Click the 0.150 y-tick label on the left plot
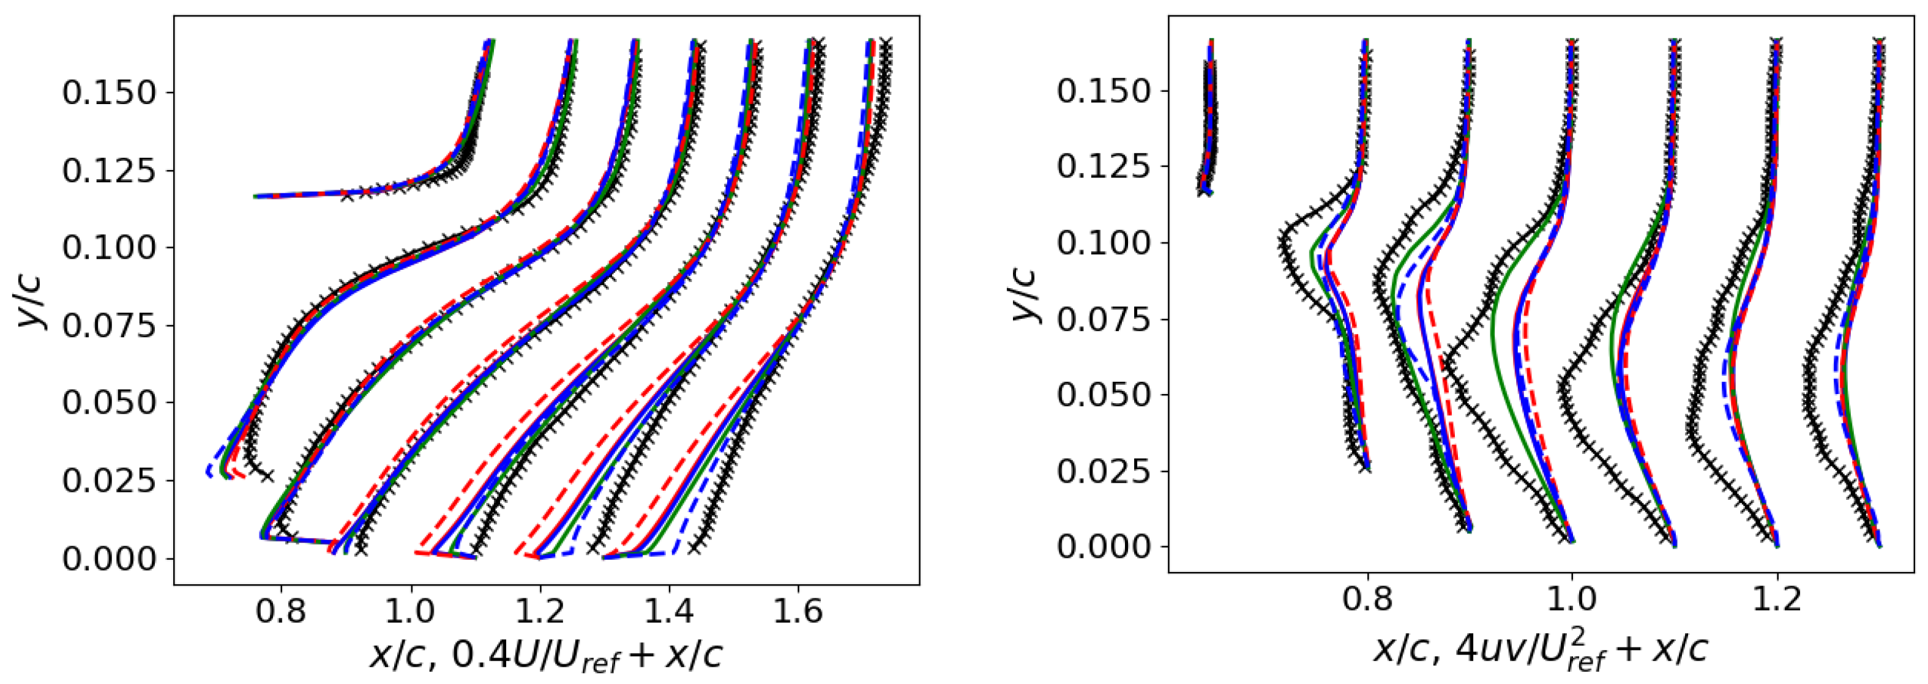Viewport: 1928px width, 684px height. (x=110, y=93)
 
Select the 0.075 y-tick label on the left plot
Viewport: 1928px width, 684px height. (x=110, y=325)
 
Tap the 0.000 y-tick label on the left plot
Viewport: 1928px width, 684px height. (x=110, y=559)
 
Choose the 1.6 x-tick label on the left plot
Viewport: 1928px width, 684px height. (x=798, y=611)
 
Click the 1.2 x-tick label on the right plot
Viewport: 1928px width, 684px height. (x=1777, y=600)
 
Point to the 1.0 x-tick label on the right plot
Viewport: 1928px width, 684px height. (x=1572, y=600)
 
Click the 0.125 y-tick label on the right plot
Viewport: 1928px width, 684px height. (x=1103, y=166)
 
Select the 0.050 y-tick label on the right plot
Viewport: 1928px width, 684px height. (x=1103, y=395)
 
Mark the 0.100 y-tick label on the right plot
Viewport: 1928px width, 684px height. (x=1103, y=242)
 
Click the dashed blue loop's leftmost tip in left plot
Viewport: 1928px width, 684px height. (x=207, y=472)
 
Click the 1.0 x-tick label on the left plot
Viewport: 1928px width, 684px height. (x=410, y=611)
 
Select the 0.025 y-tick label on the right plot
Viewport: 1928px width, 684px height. (x=1103, y=470)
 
